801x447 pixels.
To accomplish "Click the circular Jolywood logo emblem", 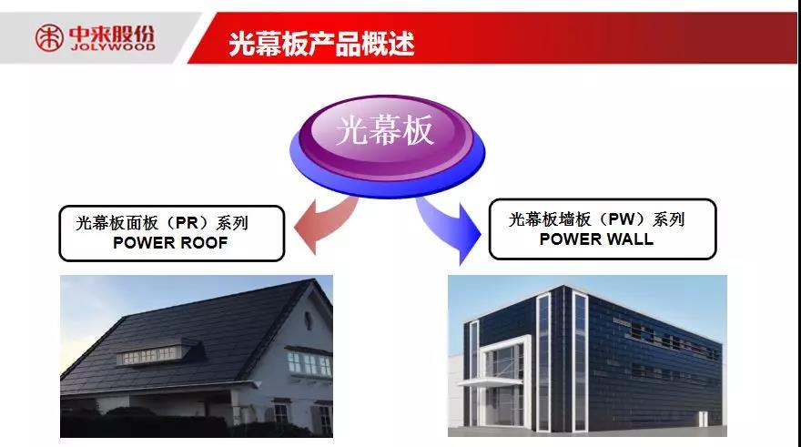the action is pyautogui.click(x=49, y=38).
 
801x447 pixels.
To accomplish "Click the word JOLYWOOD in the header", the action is pyautogui.click(x=112, y=46).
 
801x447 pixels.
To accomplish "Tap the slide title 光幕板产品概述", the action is pyautogui.click(x=320, y=43).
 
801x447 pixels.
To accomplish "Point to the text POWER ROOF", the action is pyautogui.click(x=170, y=243).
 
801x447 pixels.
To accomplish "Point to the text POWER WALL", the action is pyautogui.click(x=596, y=239).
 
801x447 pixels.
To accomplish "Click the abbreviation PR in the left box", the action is pyautogui.click(x=186, y=223).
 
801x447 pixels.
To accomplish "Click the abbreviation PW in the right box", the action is pyautogui.click(x=621, y=219).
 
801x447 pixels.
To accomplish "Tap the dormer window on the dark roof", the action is pyautogui.click(x=152, y=354).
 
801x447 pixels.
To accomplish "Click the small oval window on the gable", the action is pyautogui.click(x=309, y=320).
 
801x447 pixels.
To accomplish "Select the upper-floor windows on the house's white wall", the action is pyautogui.click(x=309, y=362).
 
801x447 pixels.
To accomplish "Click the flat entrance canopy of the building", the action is pyautogui.click(x=489, y=381).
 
